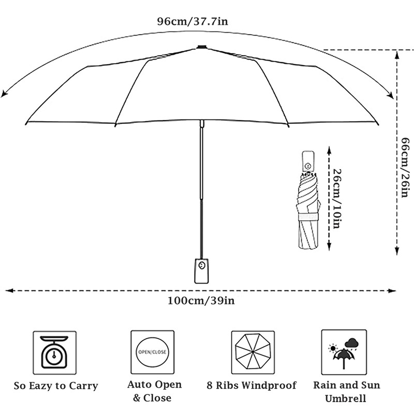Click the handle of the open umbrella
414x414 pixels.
(x=201, y=270)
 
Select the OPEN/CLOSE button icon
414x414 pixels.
(x=152, y=352)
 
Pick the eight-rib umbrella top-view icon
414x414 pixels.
(x=253, y=352)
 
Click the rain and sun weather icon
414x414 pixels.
(x=344, y=351)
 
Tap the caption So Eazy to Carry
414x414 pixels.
(x=56, y=386)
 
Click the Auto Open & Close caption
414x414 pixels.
(x=154, y=391)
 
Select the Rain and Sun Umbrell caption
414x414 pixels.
(x=346, y=392)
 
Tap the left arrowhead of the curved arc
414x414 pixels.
(x=5, y=93)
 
